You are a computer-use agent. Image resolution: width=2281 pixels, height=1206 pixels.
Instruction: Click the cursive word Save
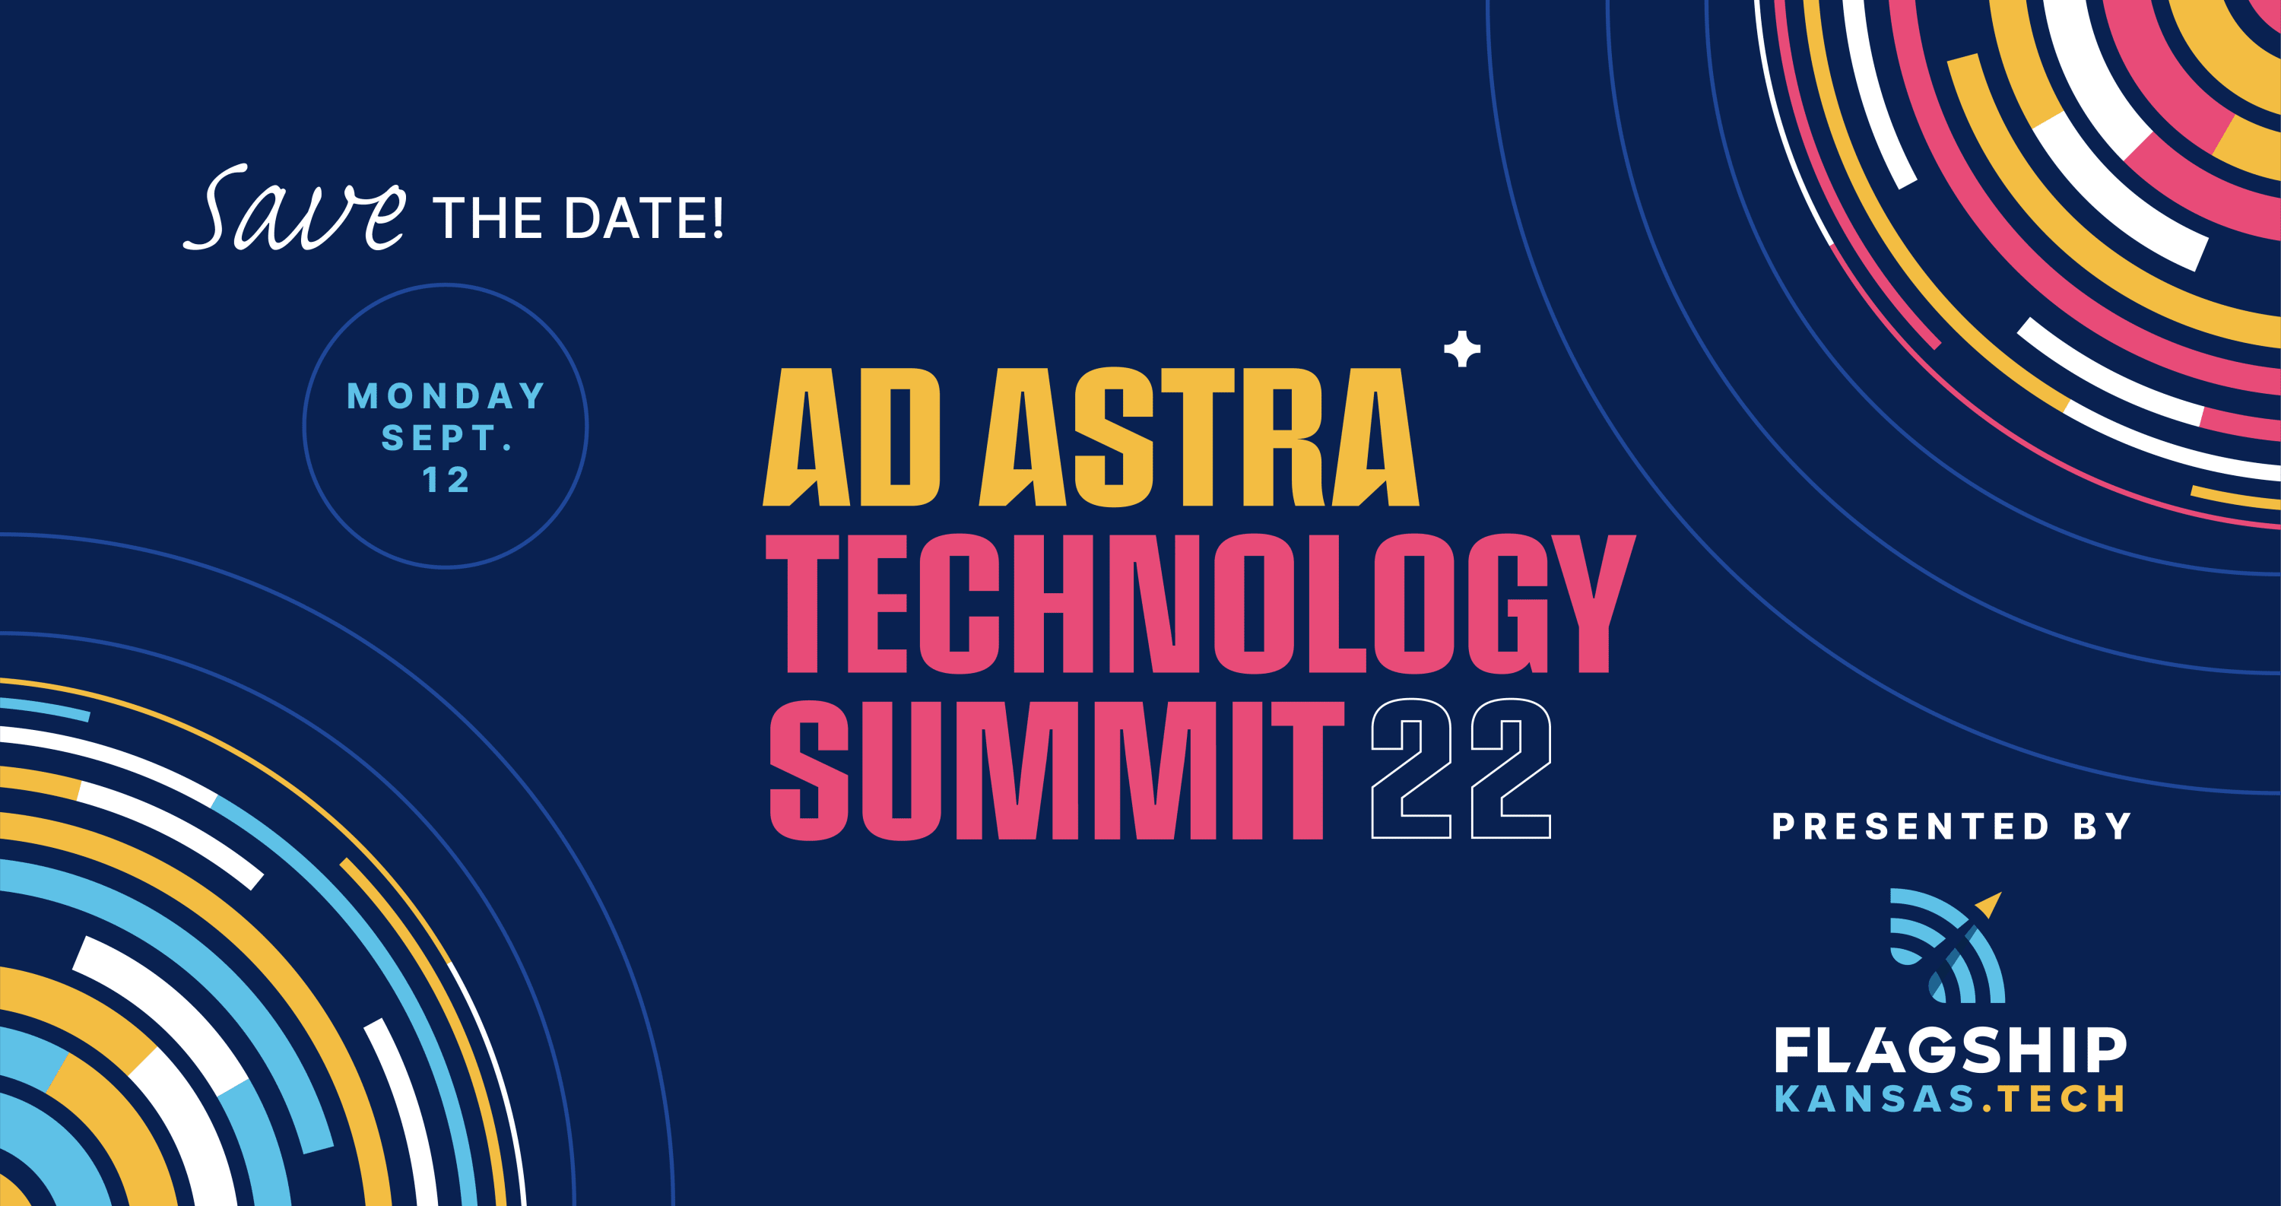(295, 208)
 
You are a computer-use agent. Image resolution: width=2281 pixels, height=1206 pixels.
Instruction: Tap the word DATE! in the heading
(645, 217)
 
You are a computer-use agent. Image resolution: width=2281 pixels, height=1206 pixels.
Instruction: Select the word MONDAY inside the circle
(446, 396)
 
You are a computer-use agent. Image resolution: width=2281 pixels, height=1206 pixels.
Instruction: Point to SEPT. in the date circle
(447, 437)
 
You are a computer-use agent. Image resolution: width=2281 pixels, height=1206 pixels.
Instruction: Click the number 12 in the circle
(446, 480)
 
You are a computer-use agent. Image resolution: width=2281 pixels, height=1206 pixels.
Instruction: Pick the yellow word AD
(851, 436)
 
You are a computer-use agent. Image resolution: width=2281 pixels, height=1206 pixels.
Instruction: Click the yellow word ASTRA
(1199, 436)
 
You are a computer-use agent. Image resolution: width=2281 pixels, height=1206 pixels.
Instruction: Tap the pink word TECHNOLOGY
(1200, 603)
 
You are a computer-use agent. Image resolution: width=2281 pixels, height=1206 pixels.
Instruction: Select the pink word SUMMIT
(1056, 770)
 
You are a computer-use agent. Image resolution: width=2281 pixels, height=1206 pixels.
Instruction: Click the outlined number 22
(1461, 769)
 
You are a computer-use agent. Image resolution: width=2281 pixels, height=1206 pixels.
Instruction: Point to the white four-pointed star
(1462, 349)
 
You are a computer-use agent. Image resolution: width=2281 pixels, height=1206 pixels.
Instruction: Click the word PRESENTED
(1911, 826)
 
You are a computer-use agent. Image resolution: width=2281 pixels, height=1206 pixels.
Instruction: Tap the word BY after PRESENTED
(2102, 826)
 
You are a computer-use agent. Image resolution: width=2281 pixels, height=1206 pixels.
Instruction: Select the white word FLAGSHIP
(1949, 1050)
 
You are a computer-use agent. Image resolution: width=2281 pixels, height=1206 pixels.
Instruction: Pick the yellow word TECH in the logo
(2061, 1099)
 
